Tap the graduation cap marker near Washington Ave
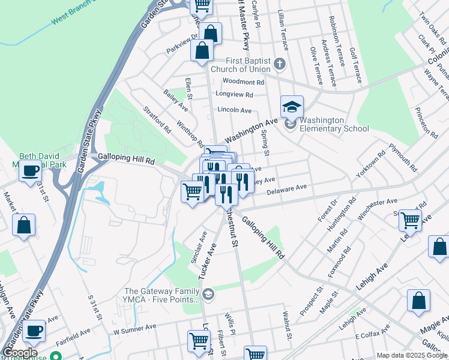[x=292, y=107]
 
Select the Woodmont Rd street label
[x=243, y=82]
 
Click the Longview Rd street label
[x=235, y=95]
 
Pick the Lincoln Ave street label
[x=234, y=110]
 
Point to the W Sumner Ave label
[x=134, y=328]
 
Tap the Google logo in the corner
[x=20, y=353]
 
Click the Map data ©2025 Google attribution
[x=411, y=355]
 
